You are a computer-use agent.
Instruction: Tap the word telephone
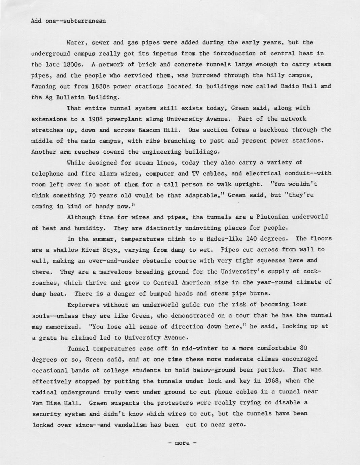coord(47,174)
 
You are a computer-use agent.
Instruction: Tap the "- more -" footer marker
coord(182,443)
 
